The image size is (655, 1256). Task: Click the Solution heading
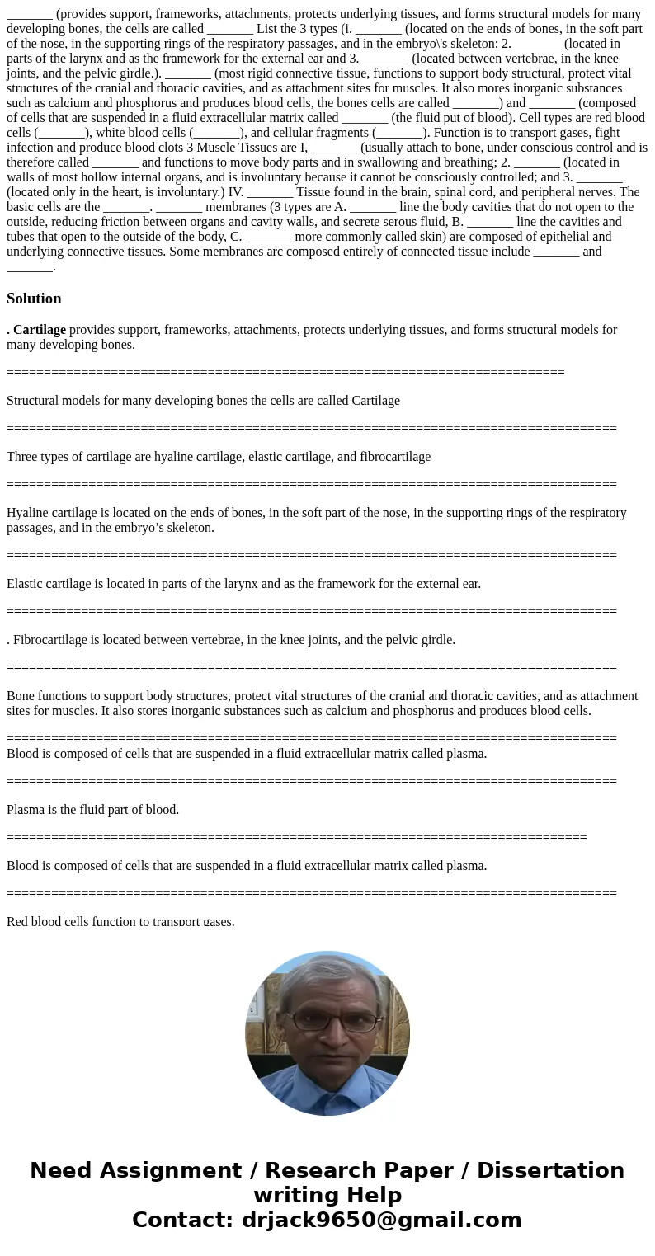(x=34, y=299)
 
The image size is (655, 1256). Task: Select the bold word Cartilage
(x=40, y=330)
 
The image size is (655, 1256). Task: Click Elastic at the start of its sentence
(x=26, y=584)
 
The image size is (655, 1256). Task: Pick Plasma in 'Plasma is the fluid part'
(x=26, y=810)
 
